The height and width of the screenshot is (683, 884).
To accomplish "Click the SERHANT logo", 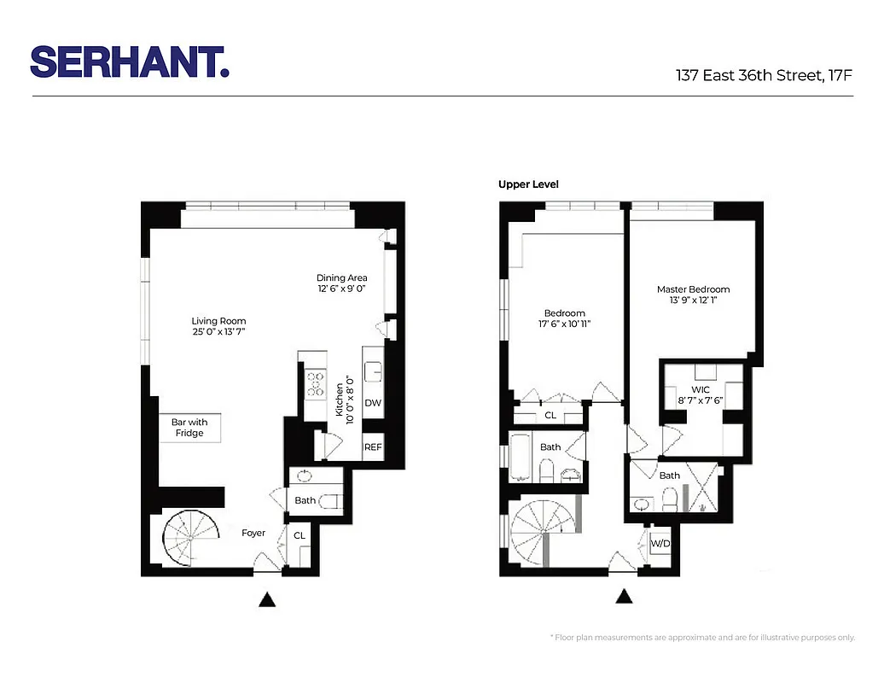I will pyautogui.click(x=130, y=61).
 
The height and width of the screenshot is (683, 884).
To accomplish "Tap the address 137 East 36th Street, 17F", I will pyautogui.click(x=764, y=75).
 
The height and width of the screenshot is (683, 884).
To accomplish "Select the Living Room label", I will pyautogui.click(x=218, y=321).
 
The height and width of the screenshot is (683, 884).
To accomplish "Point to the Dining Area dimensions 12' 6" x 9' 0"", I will pyautogui.click(x=341, y=289).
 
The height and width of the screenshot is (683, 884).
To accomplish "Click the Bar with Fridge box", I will pyautogui.click(x=189, y=428).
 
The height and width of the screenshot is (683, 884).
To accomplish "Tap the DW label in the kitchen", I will pyautogui.click(x=373, y=403).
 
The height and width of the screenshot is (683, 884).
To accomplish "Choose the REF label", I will pyautogui.click(x=373, y=447).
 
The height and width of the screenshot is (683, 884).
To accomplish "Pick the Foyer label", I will pyautogui.click(x=253, y=533).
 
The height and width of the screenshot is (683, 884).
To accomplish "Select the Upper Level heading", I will pyautogui.click(x=528, y=184).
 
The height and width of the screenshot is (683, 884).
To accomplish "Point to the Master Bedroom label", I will pyautogui.click(x=693, y=289).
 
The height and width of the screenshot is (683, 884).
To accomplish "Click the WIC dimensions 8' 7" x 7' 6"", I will pyautogui.click(x=704, y=400).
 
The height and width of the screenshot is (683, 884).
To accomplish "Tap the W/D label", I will pyautogui.click(x=660, y=543).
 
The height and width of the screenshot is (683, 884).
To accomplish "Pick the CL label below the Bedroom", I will pyautogui.click(x=550, y=416).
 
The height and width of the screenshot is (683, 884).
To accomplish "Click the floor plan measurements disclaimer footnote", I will pyautogui.click(x=702, y=637).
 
